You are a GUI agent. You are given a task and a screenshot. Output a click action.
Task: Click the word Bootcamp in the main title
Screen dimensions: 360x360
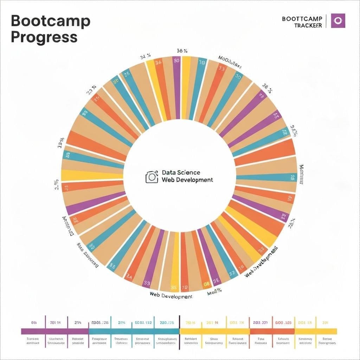[x=50, y=22]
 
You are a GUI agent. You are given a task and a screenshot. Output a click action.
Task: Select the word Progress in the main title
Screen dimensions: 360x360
[x=44, y=37]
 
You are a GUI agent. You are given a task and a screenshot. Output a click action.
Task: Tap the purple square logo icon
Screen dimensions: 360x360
[x=339, y=21]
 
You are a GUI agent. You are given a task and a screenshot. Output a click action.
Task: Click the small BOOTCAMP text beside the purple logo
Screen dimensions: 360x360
[x=302, y=19]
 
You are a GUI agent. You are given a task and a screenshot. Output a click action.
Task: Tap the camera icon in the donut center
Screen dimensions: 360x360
[x=152, y=177]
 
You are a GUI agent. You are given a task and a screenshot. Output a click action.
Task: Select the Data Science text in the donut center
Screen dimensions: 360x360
[x=181, y=173]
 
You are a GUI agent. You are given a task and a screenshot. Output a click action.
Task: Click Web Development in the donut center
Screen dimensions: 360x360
[x=187, y=180]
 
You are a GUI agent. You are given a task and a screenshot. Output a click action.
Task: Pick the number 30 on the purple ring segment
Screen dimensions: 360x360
[x=176, y=60]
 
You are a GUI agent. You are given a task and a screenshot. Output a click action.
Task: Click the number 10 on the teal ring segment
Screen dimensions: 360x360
[x=202, y=63]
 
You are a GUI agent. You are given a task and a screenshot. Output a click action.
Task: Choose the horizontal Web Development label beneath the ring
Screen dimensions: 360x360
[x=171, y=296]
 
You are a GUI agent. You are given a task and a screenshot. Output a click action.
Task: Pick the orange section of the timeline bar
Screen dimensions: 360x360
[x=272, y=331]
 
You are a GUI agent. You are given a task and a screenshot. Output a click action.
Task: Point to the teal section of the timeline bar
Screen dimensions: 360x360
[x=134, y=331]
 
